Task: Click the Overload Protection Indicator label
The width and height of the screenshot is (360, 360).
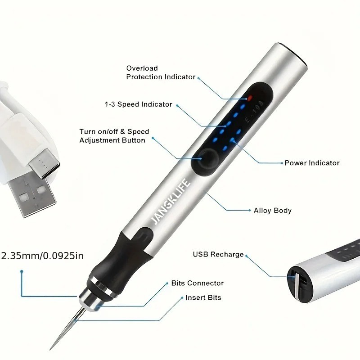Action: coord(161,72)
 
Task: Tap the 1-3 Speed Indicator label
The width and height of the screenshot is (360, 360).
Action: coord(139,104)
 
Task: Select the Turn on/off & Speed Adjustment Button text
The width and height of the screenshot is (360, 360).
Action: coord(114,136)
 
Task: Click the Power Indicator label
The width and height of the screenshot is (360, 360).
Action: coord(312,163)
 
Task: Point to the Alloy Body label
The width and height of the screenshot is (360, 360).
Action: coord(273,210)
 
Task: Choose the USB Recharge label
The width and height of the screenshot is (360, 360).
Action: coord(218,254)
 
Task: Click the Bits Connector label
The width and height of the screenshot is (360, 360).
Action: coord(197,283)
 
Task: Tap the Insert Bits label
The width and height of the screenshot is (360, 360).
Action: coord(203,297)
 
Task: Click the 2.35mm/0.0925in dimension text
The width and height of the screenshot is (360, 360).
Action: coord(43,256)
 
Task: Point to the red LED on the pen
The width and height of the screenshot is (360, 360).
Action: coord(248,97)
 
